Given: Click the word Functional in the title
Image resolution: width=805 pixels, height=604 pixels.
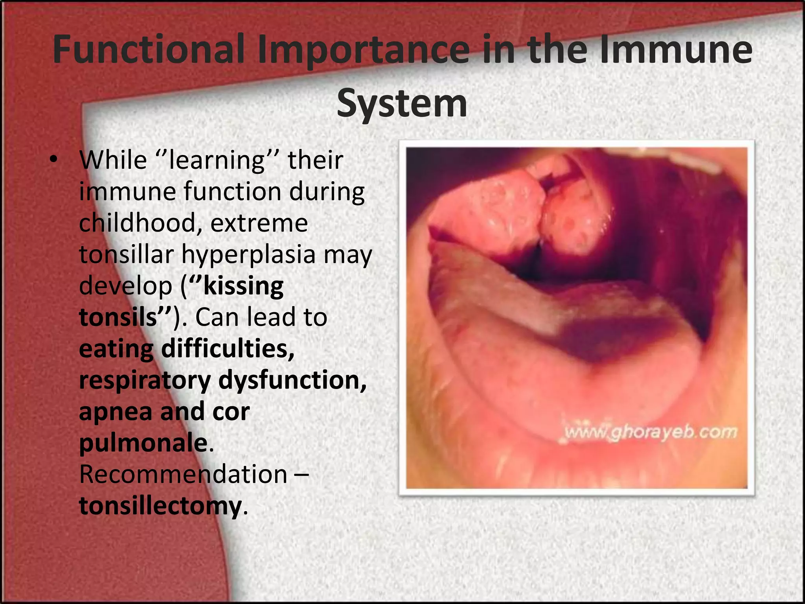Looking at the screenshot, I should coord(149,50).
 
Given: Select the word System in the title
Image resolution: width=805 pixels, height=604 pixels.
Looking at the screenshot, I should coord(402,103).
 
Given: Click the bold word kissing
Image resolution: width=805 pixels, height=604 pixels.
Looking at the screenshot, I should coord(243,286).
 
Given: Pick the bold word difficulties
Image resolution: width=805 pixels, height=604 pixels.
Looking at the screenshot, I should coord(228,349).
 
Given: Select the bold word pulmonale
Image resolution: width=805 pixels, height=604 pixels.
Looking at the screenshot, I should coord(143,443).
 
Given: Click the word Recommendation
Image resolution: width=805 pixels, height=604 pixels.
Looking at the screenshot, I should coord(183,474).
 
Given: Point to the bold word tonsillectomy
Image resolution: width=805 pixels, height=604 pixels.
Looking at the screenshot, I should coord(160,506).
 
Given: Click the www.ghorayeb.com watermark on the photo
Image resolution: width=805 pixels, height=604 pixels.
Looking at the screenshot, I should coord(650,432).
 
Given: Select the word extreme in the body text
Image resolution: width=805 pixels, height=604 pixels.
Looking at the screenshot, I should coord(259,223).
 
